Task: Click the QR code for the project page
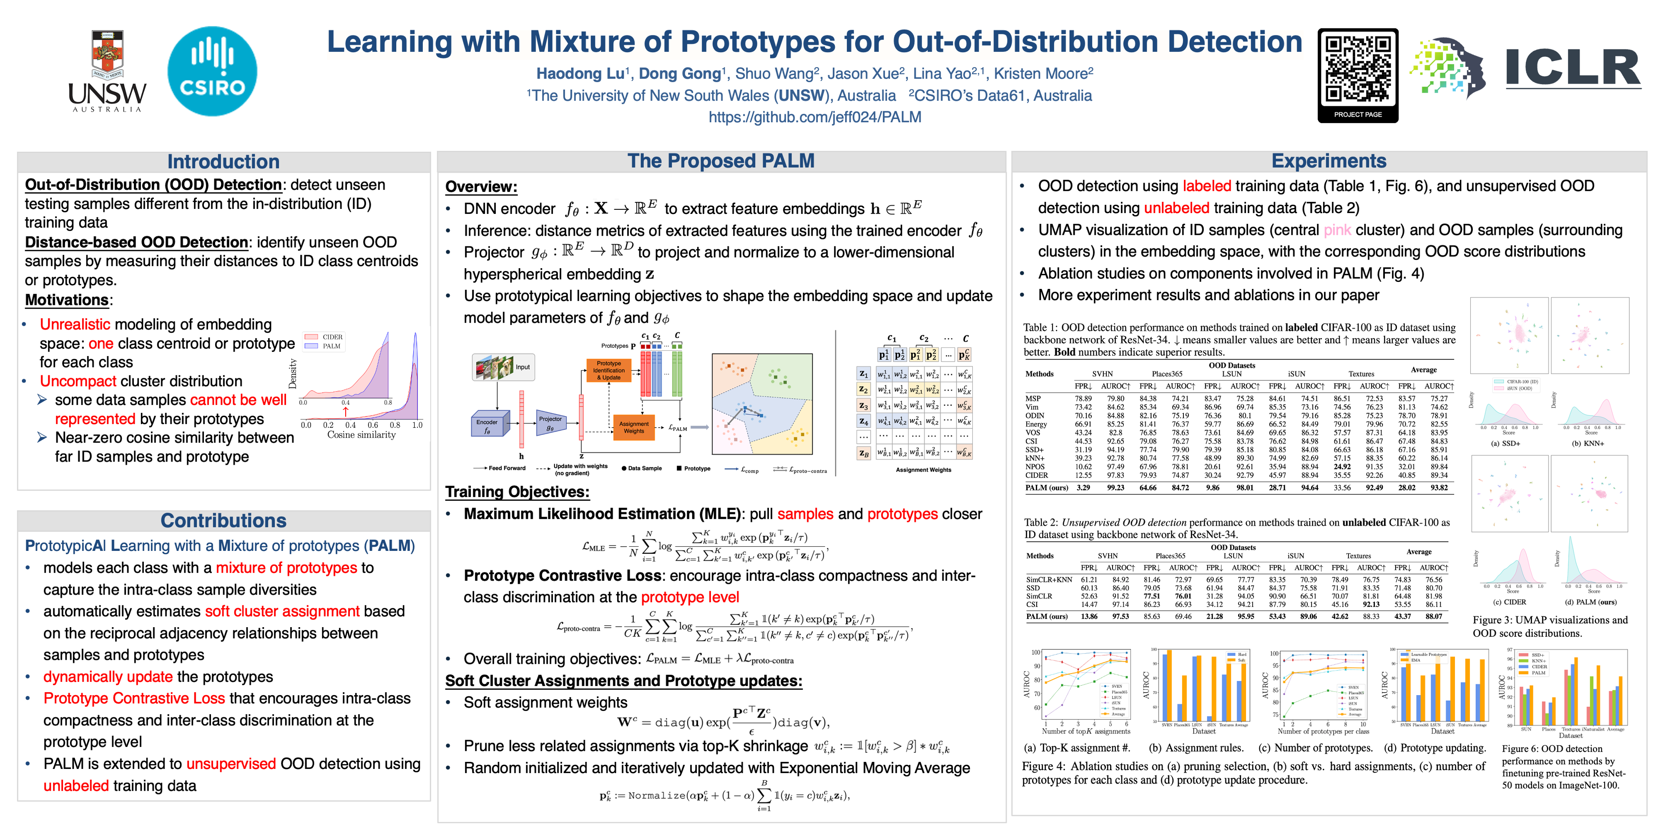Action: [x=1358, y=69]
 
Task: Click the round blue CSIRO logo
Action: [x=212, y=71]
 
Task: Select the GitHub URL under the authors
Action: [x=814, y=117]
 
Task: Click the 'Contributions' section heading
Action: [x=224, y=520]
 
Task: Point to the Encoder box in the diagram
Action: [x=487, y=425]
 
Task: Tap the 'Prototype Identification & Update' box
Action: [x=609, y=370]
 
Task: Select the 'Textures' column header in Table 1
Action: [x=1361, y=374]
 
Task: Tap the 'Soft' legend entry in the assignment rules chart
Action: [x=1241, y=661]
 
